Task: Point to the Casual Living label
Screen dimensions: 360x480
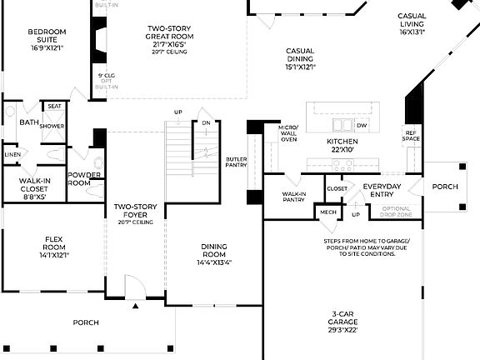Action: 412,24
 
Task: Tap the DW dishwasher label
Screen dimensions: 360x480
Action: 362,126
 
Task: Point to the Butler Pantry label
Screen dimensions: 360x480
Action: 237,162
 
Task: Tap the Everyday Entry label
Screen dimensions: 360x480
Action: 382,191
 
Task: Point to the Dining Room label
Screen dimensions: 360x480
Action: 213,254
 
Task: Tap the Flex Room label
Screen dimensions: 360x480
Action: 54,247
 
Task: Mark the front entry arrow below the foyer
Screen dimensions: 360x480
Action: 136,307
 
